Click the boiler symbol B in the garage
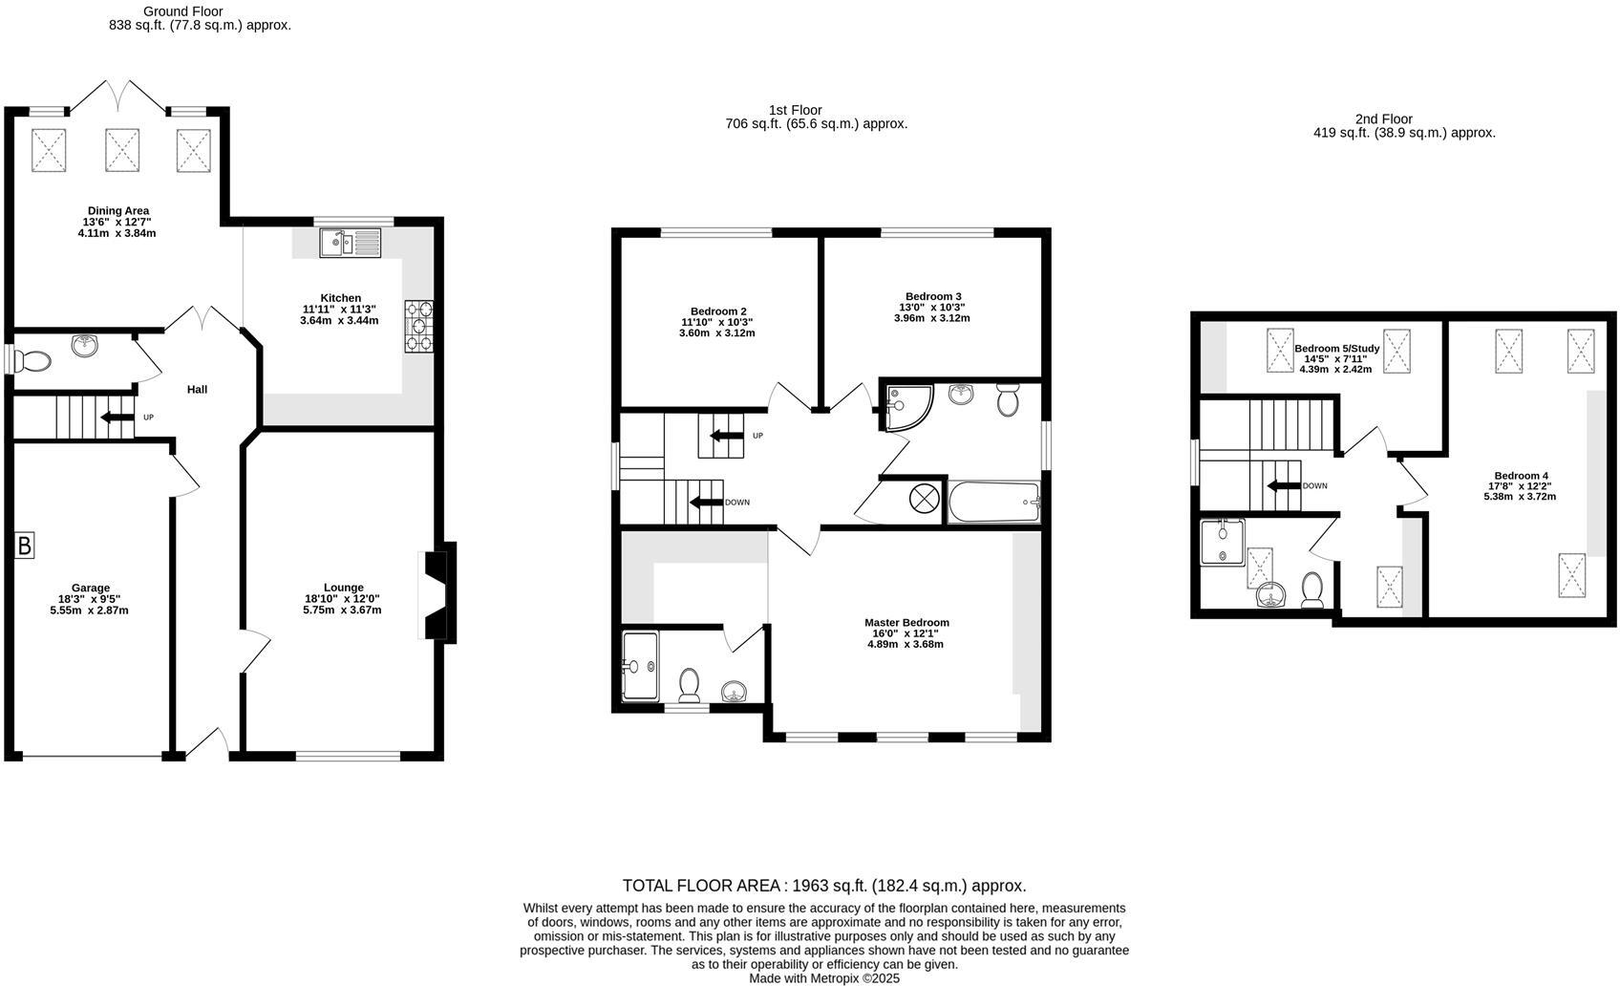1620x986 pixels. tap(25, 547)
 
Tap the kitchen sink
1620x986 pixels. tap(350, 243)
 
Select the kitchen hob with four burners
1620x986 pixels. tap(419, 326)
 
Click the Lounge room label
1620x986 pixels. tap(343, 588)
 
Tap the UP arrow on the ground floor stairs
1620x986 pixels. tap(117, 418)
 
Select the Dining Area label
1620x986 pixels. tap(117, 211)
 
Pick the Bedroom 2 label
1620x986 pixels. tap(718, 311)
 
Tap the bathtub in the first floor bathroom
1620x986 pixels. tap(993, 502)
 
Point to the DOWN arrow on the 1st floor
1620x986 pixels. tap(707, 503)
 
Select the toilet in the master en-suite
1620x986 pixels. tap(689, 684)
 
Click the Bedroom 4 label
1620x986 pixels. tap(1521, 476)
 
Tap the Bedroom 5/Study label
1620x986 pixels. tap(1335, 349)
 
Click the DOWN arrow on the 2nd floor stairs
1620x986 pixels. tap(1283, 485)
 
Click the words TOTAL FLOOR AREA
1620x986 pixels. tap(702, 886)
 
